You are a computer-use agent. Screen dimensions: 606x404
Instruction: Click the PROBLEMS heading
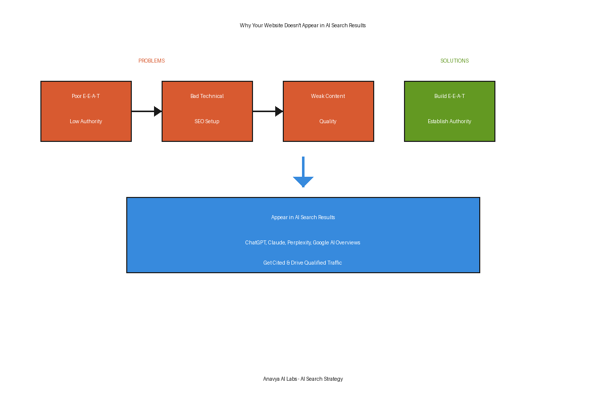[151, 61]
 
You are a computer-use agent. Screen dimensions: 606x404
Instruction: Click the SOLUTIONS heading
[454, 61]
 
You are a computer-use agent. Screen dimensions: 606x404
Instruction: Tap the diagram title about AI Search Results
[302, 25]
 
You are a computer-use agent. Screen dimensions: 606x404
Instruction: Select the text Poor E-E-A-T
[86, 96]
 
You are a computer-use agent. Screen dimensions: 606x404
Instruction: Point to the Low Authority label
[86, 122]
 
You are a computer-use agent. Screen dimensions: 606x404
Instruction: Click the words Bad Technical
[207, 96]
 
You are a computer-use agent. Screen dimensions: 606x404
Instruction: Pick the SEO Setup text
[207, 122]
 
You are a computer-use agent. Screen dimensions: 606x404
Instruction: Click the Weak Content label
[328, 96]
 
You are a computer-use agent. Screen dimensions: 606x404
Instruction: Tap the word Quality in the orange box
[328, 122]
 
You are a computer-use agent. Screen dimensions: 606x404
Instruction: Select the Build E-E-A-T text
[449, 96]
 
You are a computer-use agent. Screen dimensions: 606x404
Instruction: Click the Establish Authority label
[449, 122]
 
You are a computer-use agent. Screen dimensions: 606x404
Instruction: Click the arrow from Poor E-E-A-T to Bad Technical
[146, 111]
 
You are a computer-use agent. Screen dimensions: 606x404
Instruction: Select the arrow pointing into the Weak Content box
[268, 111]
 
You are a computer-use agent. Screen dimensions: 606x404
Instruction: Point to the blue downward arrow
[304, 172]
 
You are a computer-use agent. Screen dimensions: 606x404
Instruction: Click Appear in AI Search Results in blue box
[303, 217]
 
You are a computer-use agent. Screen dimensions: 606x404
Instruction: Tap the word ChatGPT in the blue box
[256, 243]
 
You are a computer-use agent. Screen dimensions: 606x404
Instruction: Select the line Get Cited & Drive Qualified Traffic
[302, 263]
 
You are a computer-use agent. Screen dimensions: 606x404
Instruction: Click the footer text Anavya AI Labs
[280, 379]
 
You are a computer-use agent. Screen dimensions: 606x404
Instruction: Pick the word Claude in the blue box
[277, 243]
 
